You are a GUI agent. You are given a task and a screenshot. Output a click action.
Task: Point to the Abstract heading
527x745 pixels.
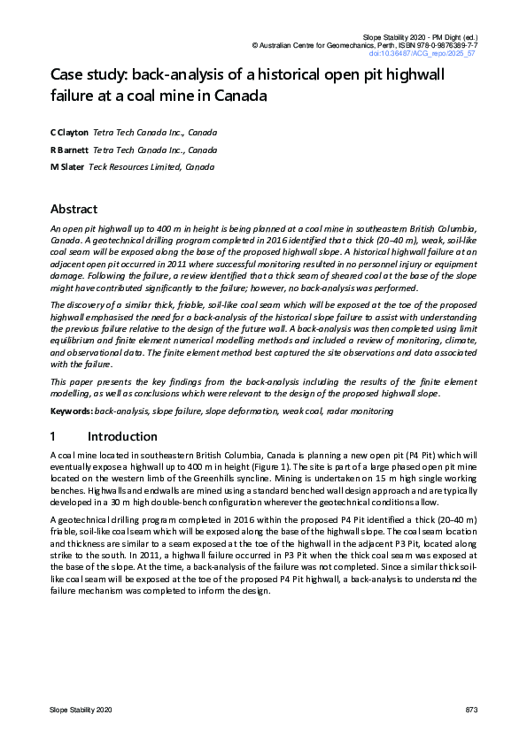coord(74,210)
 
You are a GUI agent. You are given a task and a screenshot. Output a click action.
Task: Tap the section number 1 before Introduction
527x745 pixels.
coord(54,436)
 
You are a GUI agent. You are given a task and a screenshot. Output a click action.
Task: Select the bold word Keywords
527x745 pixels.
coord(71,412)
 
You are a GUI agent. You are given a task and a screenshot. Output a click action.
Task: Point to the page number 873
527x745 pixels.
coord(470,710)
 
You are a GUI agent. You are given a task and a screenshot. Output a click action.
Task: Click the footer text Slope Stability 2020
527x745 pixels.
coord(81,710)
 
